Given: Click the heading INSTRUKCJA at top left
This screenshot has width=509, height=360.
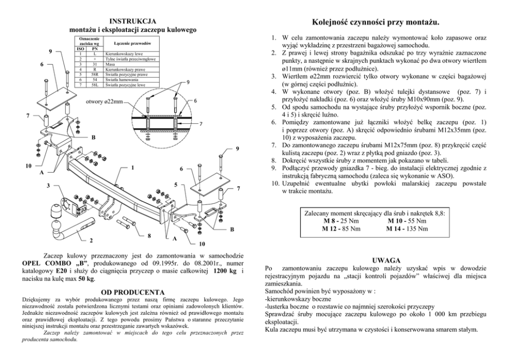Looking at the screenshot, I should point(133,21).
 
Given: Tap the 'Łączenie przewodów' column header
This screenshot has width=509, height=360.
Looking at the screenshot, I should point(130,44).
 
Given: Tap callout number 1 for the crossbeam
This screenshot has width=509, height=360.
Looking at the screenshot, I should point(132,167).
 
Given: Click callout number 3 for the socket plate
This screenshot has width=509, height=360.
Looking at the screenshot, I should point(48,184).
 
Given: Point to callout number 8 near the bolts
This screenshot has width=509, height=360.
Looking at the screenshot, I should point(149,236).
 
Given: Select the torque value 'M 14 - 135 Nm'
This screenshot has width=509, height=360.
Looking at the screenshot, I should point(407,229).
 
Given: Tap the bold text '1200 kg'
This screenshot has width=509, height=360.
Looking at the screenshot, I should point(226,271).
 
